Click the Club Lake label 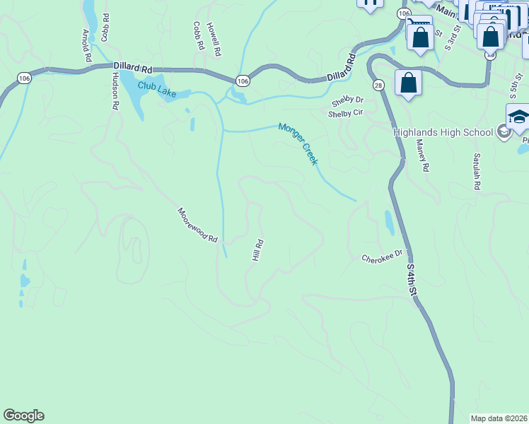157,88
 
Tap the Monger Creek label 298,143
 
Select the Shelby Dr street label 347,100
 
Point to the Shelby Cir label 345,112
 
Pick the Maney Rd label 423,155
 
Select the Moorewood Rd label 197,225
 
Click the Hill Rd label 258,250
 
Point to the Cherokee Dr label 382,256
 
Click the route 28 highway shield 378,85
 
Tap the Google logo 23,416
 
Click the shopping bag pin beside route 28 408,82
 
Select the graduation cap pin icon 518,116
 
